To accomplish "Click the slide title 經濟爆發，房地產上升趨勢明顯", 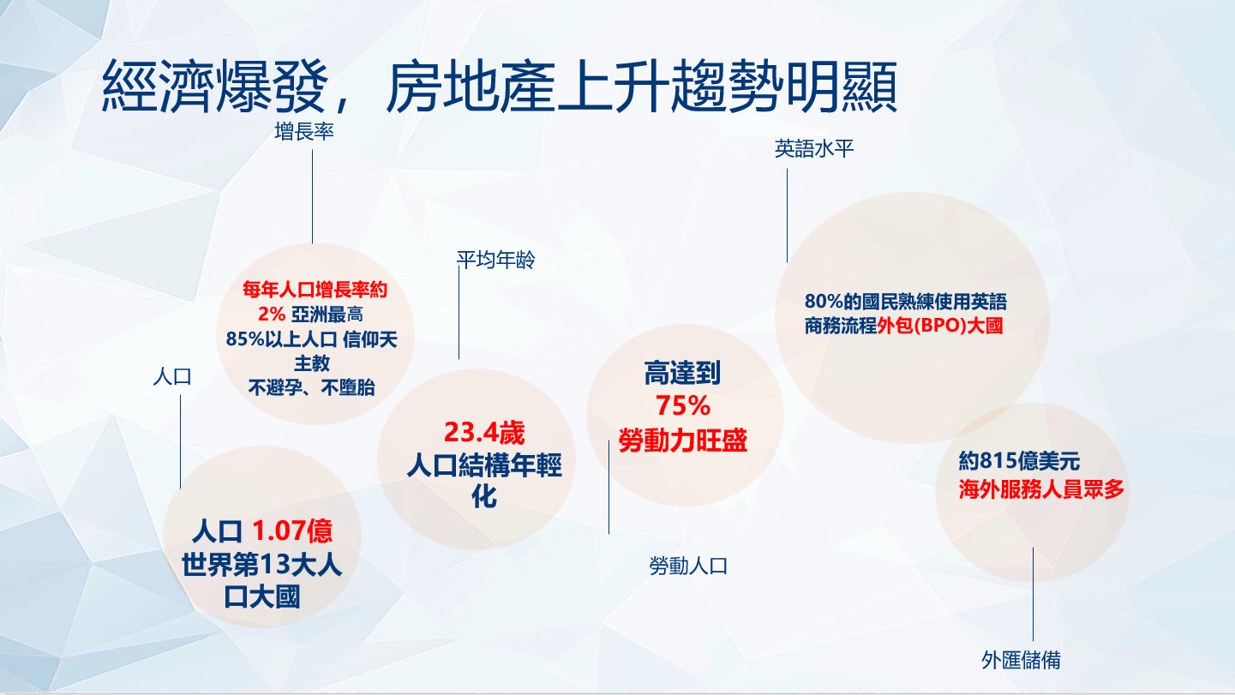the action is point(500,87).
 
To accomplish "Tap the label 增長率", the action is point(304,132).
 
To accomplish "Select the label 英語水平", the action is point(814,148).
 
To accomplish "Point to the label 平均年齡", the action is point(495,260).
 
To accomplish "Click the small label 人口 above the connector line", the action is point(172,377).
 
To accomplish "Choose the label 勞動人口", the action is point(688,566).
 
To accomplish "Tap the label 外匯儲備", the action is point(1021,660).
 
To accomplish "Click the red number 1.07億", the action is point(292,530).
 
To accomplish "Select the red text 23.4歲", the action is point(484,432).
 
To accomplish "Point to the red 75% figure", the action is point(683,405).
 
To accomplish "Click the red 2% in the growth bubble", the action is point(272,315).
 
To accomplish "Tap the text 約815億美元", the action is point(1019,461).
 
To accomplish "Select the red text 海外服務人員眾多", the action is point(1041,488).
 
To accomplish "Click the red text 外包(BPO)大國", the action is point(939,326).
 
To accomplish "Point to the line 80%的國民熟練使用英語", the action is point(905,302).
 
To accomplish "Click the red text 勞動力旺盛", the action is point(682,440).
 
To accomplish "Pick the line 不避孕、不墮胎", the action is point(311,388).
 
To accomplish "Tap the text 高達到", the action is point(682,373).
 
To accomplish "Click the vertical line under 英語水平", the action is point(787,215).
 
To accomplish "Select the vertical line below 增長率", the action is point(312,197).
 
